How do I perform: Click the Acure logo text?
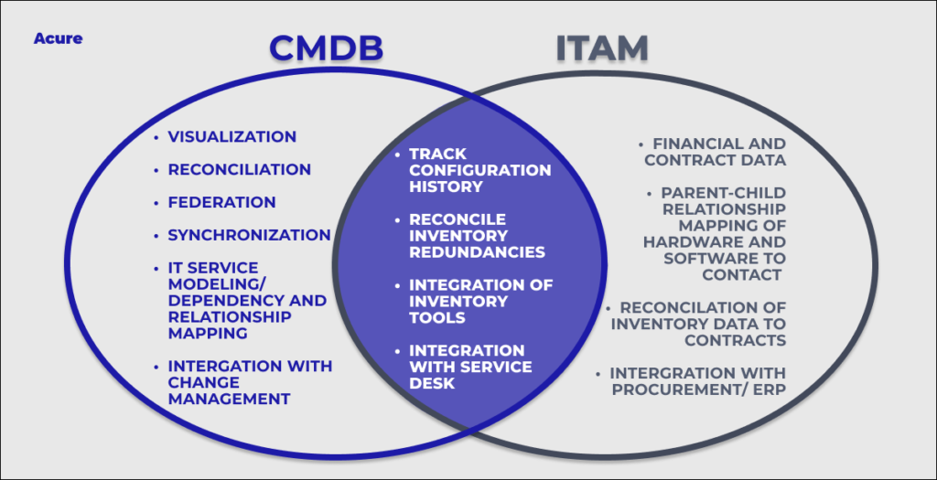[58, 38]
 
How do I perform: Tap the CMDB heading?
[326, 48]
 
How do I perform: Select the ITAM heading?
[602, 48]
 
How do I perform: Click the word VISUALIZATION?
[232, 137]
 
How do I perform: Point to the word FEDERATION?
[221, 202]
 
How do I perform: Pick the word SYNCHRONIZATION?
[249, 235]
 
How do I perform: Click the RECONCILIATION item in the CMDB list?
[239, 169]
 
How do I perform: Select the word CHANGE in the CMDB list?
[204, 382]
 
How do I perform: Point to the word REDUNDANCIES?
[477, 252]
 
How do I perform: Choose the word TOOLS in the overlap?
[436, 317]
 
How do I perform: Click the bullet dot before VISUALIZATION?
[156, 137]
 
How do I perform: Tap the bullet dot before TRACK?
[398, 155]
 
